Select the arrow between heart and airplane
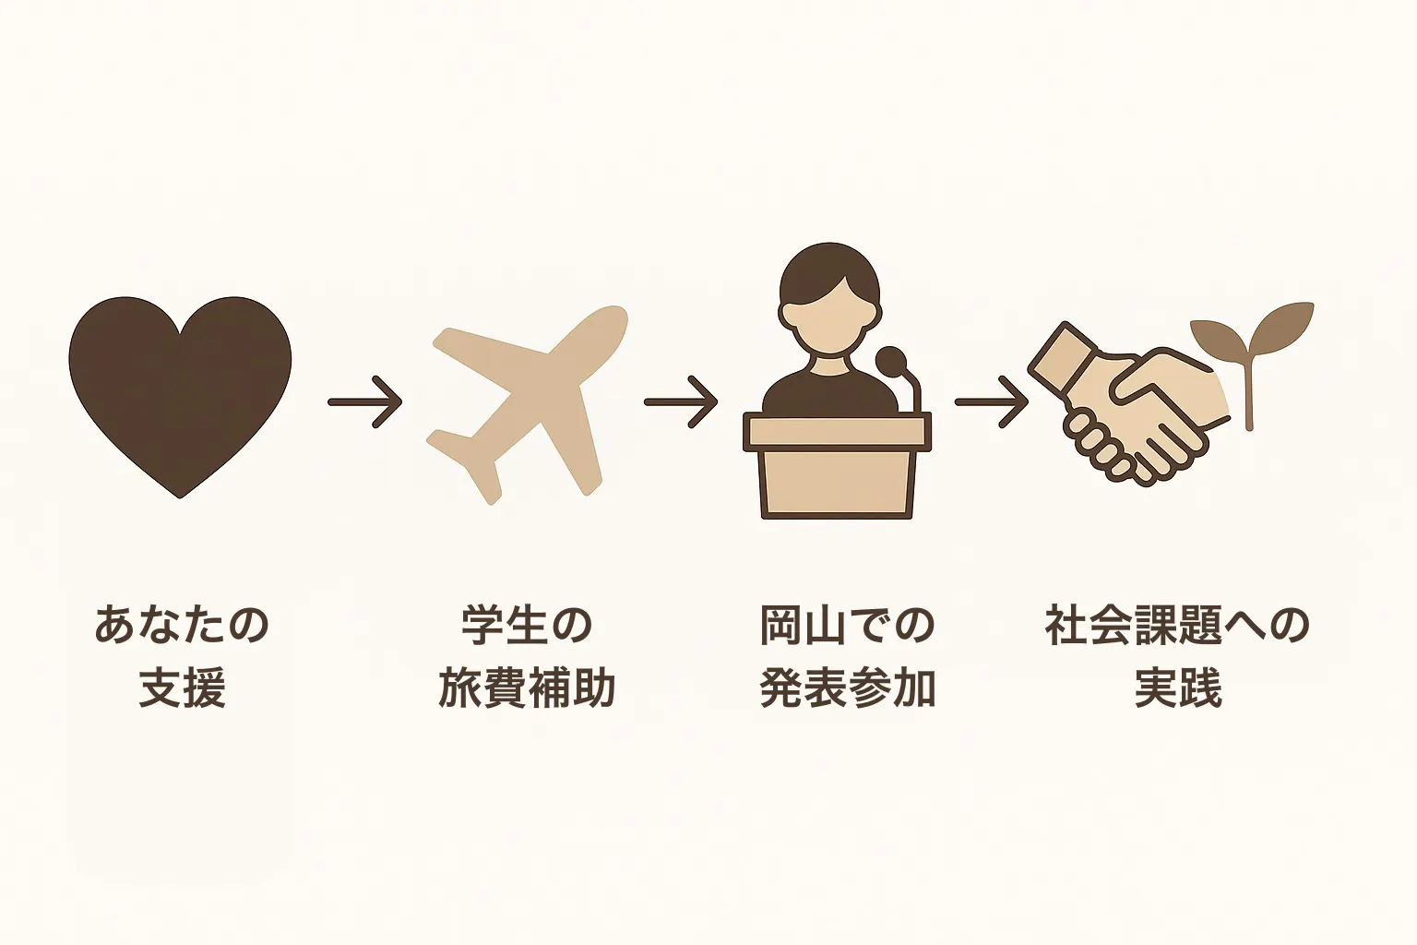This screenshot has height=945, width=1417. (x=365, y=402)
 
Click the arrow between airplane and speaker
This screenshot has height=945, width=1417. (x=681, y=402)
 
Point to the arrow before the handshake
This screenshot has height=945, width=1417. (x=992, y=402)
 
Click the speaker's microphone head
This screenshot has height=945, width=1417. (x=891, y=362)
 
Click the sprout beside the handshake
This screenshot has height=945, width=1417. (x=1249, y=354)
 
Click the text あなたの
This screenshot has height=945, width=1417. (x=182, y=625)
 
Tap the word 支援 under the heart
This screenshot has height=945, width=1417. (x=182, y=688)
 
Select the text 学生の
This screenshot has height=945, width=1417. (x=527, y=625)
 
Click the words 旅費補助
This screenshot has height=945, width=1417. (x=527, y=688)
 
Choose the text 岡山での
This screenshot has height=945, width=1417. (x=848, y=625)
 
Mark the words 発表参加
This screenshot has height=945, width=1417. (x=848, y=688)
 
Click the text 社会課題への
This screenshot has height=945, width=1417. (x=1177, y=625)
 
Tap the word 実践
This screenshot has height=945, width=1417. (x=1177, y=688)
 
